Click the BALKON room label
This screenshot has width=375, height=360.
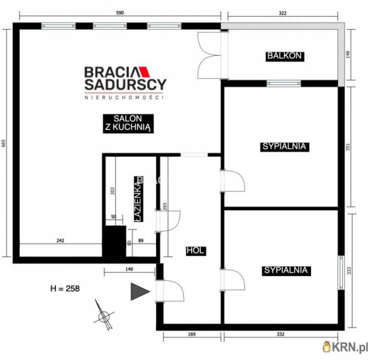(x=286, y=56)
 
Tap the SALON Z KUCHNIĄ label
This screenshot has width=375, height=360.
(x=127, y=123)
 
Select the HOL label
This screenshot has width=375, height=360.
(x=196, y=251)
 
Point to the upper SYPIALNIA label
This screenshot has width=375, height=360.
(x=284, y=146)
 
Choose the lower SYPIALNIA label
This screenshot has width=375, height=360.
(x=286, y=270)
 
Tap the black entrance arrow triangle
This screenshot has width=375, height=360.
(x=140, y=292)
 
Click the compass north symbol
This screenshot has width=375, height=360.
(x=103, y=314)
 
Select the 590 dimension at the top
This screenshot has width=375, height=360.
(x=120, y=13)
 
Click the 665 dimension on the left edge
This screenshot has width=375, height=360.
(x=5, y=143)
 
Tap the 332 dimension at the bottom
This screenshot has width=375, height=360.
(x=281, y=334)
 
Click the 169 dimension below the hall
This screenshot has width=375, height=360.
(x=191, y=334)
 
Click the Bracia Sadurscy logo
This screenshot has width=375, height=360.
(x=125, y=82)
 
